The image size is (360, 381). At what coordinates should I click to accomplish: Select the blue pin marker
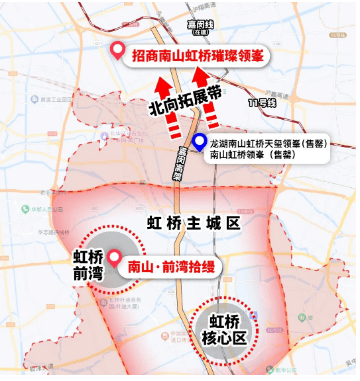[x=201, y=142]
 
